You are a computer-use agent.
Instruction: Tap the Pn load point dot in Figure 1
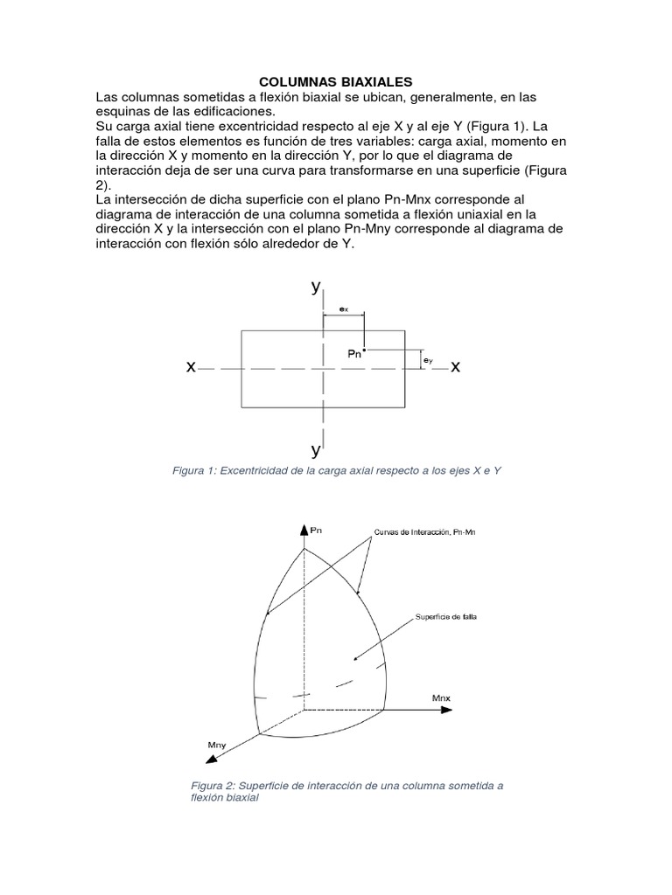(x=364, y=350)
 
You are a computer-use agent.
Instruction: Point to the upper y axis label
(x=316, y=288)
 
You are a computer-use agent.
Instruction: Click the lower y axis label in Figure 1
(x=316, y=450)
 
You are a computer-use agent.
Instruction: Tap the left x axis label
(x=191, y=369)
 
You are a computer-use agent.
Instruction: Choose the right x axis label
(x=455, y=369)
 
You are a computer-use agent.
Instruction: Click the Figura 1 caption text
(x=337, y=471)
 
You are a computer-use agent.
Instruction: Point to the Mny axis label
(x=218, y=744)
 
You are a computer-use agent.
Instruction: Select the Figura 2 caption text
(x=346, y=792)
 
